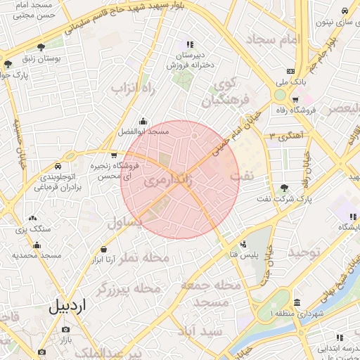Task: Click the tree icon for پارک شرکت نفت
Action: pos(284,188)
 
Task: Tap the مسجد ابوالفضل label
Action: pos(144,131)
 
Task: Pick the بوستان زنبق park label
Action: pos(42,59)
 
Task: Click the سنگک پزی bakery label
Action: pos(32,230)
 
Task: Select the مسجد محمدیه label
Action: pos(35,255)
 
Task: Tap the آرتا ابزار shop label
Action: pos(103,260)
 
